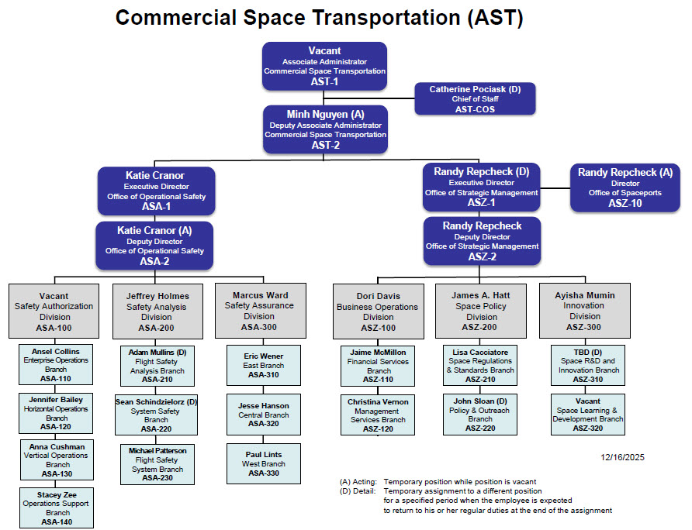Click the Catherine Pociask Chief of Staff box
click(474, 99)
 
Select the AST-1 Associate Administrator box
click(324, 66)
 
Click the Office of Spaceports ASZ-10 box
click(625, 188)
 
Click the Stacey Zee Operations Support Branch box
click(57, 508)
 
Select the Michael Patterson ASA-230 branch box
click(157, 463)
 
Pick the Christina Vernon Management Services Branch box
click(378, 415)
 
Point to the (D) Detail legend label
click(358, 491)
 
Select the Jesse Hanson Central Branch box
click(263, 415)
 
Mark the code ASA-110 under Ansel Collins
click(57, 379)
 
